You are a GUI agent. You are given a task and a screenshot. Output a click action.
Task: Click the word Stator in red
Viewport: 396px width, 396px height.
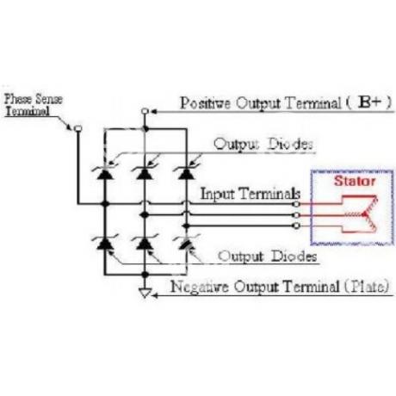point(355,181)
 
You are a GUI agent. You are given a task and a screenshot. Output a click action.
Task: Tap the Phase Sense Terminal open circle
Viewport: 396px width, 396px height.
point(78,128)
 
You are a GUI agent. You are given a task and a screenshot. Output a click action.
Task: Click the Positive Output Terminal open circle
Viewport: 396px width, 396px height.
point(145,111)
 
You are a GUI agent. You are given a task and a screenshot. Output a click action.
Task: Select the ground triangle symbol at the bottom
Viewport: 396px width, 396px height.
point(145,293)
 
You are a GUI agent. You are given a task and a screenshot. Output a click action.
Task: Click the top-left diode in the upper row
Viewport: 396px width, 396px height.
point(105,173)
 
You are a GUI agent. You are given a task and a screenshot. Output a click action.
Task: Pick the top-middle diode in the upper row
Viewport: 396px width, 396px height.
point(145,173)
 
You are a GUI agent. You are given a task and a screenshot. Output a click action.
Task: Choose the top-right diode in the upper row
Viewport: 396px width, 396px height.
point(186,173)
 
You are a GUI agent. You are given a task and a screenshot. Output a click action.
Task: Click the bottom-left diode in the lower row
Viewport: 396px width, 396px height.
point(105,243)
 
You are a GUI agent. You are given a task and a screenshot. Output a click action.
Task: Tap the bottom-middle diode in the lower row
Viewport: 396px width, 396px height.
point(145,243)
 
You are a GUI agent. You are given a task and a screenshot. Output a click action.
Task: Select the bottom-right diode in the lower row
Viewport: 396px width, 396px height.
point(186,243)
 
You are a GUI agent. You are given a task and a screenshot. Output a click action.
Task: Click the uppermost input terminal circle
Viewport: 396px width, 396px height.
point(296,204)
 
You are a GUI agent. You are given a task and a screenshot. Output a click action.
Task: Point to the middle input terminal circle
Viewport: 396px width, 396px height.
point(296,215)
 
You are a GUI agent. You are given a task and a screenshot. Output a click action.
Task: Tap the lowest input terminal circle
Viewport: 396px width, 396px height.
point(296,226)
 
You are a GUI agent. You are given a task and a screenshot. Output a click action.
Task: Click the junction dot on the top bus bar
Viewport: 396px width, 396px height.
point(145,129)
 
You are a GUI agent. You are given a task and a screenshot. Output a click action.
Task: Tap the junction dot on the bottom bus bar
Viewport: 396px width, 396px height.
point(145,275)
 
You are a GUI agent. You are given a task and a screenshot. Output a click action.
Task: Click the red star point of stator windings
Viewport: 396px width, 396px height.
point(364,214)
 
